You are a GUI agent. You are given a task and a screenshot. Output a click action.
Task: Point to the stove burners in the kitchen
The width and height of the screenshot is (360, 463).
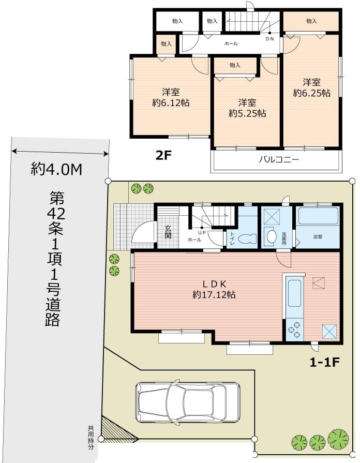[x=293, y=331]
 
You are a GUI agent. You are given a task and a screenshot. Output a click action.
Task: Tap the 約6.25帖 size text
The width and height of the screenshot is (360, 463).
[x=311, y=93]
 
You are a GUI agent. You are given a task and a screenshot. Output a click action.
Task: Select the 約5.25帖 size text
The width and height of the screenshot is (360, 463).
[x=247, y=113]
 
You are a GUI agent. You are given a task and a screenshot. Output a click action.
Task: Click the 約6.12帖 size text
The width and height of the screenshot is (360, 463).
[x=171, y=102]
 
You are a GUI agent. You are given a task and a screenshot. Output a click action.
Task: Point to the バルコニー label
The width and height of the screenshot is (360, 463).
[x=278, y=160]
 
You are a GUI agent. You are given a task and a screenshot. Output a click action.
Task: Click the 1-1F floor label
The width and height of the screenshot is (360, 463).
[x=324, y=362]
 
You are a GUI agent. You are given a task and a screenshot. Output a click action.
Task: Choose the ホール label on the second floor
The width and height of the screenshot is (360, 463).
[x=231, y=44]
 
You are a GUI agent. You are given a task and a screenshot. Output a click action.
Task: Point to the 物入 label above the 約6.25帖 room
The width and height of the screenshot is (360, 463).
[x=311, y=21]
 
